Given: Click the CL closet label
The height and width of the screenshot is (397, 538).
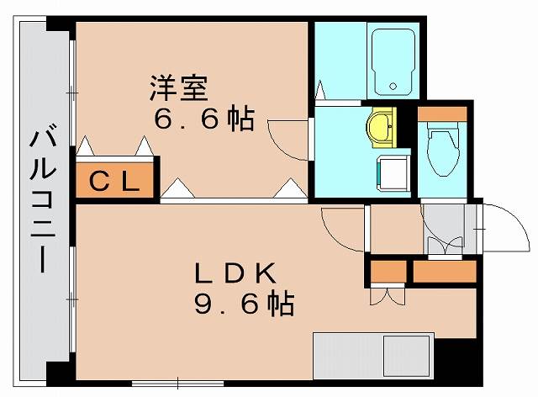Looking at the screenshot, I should pos(115,182).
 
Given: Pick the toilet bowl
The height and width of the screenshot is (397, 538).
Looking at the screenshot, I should pos(439,150).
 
